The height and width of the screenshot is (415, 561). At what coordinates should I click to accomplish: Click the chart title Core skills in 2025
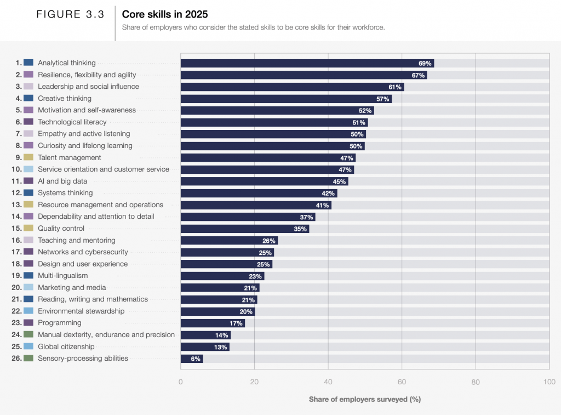pos(164,14)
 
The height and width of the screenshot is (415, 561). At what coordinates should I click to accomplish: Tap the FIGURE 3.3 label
pos(70,15)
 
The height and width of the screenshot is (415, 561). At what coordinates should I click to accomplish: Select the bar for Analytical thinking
pos(307,63)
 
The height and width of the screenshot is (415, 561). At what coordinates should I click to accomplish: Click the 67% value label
pos(418,75)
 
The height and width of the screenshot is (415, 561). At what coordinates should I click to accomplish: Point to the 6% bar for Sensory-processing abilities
pos(191,359)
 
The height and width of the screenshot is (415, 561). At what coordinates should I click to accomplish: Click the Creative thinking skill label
pos(65,99)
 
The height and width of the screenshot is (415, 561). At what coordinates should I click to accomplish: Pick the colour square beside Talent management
pos(28,157)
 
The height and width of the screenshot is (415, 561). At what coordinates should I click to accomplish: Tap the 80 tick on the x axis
pos(475,382)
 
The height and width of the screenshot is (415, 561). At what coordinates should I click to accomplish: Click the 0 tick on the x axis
pos(181,382)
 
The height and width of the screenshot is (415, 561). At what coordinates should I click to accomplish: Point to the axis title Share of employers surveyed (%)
pos(364,399)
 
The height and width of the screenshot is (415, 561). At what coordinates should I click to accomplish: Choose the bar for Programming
pos(213,323)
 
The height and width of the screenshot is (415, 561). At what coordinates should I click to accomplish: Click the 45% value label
pos(339,181)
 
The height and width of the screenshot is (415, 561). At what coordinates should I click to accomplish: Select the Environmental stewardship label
pos(81,311)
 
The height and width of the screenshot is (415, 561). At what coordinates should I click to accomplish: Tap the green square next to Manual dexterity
pos(28,334)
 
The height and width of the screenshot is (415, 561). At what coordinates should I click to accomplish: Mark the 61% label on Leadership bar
pos(395,87)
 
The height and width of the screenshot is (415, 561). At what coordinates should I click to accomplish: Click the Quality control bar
pos(244,229)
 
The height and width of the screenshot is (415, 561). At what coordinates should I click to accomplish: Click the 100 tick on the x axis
pos(548,382)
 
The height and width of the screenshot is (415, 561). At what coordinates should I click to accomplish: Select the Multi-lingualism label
pos(62,276)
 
